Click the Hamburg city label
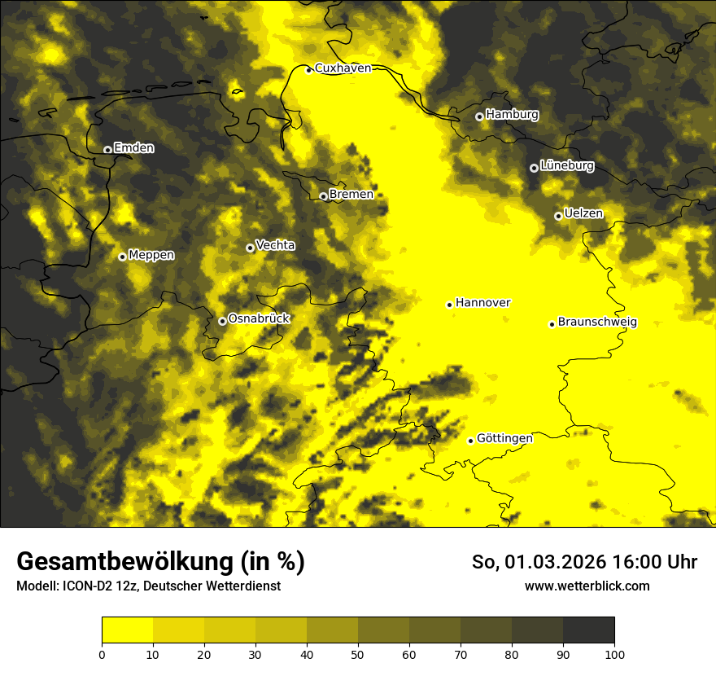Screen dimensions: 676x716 point(512,115)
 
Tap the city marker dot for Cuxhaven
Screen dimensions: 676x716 point(308,70)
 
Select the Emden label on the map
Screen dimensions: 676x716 point(133,148)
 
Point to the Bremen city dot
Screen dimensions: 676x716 point(323,196)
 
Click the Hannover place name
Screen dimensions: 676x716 point(482,303)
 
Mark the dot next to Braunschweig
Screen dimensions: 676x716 point(552,324)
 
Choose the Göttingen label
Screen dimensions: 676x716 point(504,438)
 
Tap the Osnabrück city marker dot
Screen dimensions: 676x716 point(222,321)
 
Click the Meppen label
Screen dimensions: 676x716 point(151,255)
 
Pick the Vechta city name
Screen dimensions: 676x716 point(275,245)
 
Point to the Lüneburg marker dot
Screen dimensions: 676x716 point(534,168)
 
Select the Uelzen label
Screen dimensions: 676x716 point(583,213)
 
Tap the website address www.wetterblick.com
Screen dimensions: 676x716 point(587,586)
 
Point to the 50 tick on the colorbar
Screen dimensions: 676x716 point(358,653)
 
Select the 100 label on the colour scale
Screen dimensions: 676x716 point(614,653)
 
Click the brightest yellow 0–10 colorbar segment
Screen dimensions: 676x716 point(127,630)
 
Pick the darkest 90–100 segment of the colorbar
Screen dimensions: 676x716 point(588,630)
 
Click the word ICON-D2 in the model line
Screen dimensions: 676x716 point(85,586)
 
